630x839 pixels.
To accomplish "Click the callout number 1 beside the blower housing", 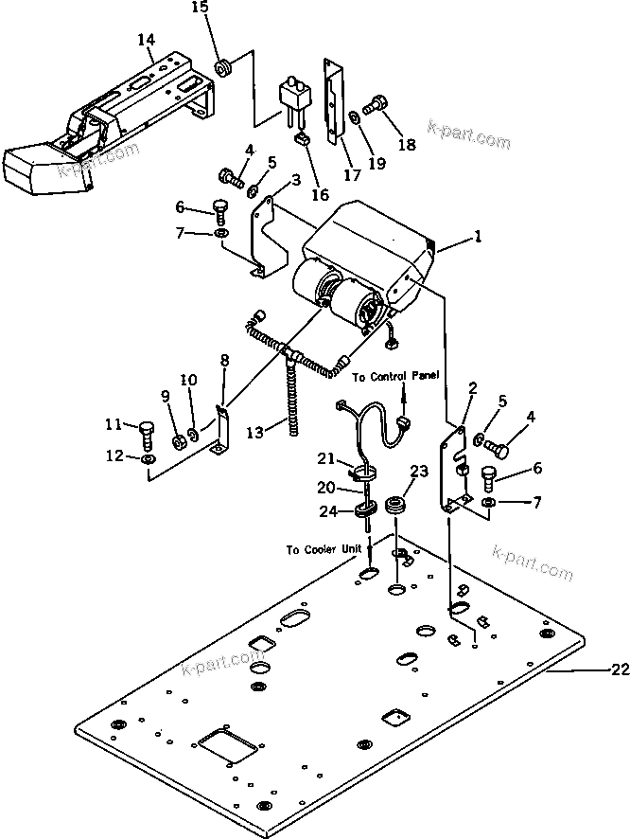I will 479,240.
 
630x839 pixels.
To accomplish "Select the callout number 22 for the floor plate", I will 619,670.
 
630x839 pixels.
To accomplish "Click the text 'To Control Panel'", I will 395,376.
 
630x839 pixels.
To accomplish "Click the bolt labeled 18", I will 376,101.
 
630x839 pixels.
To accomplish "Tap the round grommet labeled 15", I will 225,68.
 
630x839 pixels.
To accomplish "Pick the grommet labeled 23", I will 394,502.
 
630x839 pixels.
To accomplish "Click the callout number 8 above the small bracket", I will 224,360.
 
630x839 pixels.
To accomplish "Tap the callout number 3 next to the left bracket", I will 270,180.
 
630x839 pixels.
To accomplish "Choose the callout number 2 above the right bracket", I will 473,387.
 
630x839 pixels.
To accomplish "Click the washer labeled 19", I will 353,116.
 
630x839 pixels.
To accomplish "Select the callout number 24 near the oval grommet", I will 327,512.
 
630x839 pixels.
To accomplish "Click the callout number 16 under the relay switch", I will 320,195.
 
